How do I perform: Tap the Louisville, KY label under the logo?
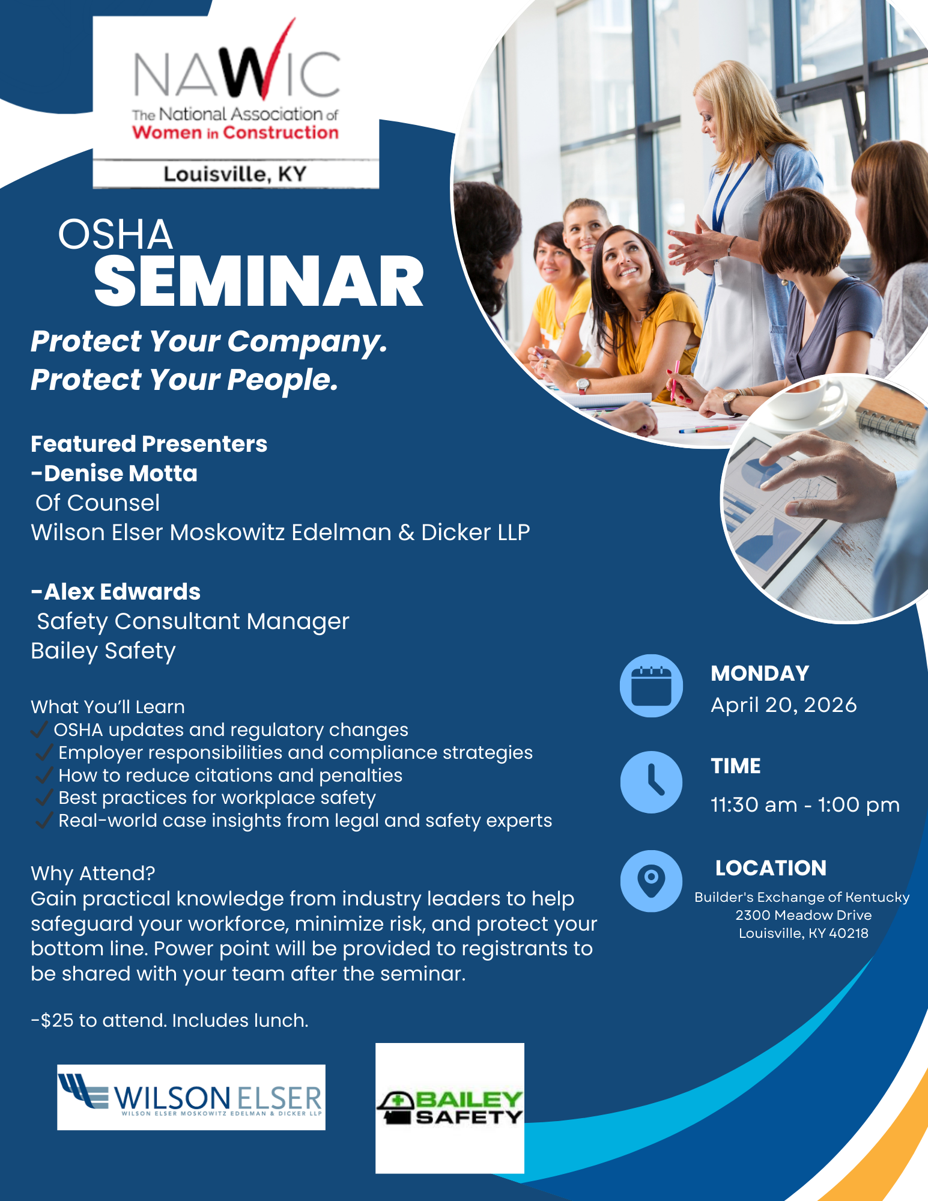[235, 174]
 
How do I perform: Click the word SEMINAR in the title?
[259, 281]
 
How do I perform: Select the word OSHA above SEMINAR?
[115, 234]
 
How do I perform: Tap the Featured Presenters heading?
[149, 444]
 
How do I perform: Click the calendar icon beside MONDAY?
[651, 686]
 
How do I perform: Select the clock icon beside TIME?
[651, 782]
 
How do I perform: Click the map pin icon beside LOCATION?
[651, 881]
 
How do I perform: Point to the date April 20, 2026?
[784, 705]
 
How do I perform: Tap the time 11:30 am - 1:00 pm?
[805, 805]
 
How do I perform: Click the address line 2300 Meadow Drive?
[804, 915]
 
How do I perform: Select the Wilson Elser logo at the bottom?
[191, 1098]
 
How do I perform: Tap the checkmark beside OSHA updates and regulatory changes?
[40, 729]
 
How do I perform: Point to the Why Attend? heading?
[93, 873]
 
